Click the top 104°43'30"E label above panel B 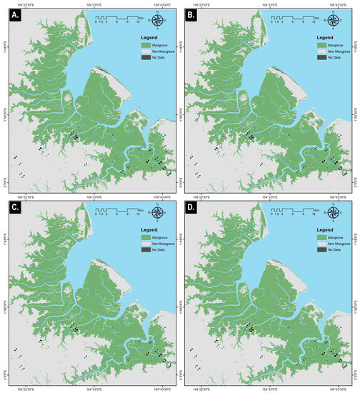(336, 4)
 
